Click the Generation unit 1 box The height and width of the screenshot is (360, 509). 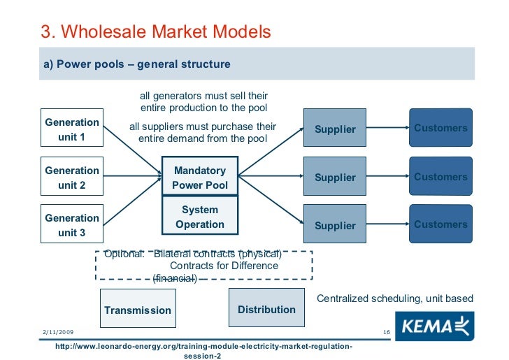pyautogui.click(x=71, y=129)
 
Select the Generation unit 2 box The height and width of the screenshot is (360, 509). pyautogui.click(x=71, y=178)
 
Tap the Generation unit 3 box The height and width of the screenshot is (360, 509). pyautogui.click(x=71, y=225)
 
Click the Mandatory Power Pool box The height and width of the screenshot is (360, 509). pyautogui.click(x=199, y=178)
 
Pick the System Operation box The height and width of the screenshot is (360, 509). pyautogui.click(x=199, y=217)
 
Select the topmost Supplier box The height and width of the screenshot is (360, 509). pyautogui.click(x=335, y=128)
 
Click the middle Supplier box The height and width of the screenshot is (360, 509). pyautogui.click(x=335, y=177)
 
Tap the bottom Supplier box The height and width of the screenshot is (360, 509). pyautogui.click(x=335, y=225)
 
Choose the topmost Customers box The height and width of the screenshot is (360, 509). pyautogui.click(x=440, y=127)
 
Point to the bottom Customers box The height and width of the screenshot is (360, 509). pyautogui.click(x=440, y=224)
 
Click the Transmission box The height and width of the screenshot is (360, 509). pyautogui.click(x=137, y=309)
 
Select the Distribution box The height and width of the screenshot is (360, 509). pyautogui.click(x=266, y=308)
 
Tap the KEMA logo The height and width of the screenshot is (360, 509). pyautogui.click(x=434, y=325)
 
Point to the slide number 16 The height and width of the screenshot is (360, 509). pyautogui.click(x=386, y=331)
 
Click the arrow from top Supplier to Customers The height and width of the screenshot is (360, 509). pyautogui.click(x=387, y=127)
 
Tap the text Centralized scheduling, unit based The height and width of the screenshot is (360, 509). pyautogui.click(x=395, y=298)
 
